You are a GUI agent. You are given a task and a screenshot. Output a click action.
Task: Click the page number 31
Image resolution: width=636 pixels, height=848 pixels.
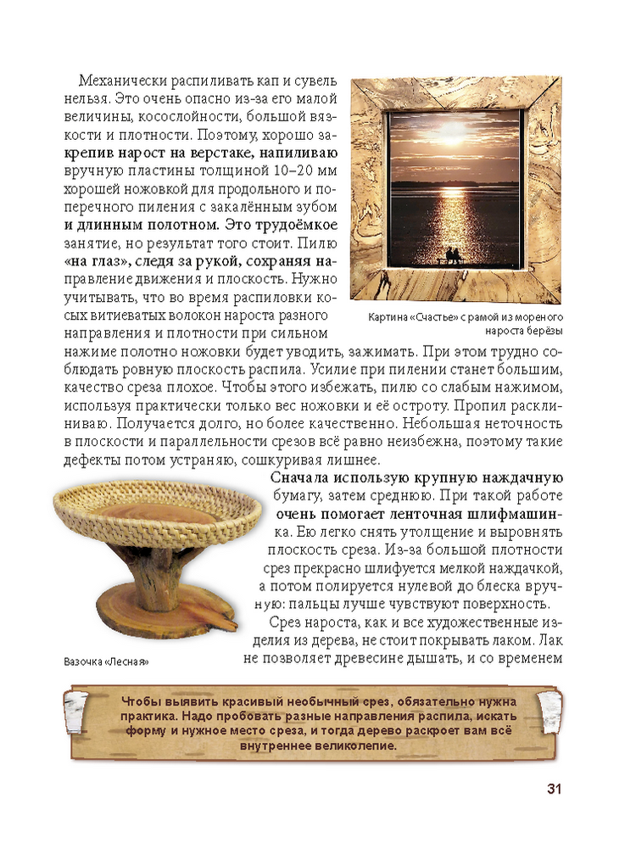pyautogui.click(x=553, y=789)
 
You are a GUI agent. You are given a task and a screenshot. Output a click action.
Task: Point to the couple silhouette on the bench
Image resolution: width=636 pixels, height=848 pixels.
pyautogui.click(x=455, y=255)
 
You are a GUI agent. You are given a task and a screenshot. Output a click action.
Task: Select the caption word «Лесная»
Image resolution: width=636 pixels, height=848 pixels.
pyautogui.click(x=135, y=662)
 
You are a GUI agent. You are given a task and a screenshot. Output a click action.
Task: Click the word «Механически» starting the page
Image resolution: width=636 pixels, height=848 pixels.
pyautogui.click(x=120, y=81)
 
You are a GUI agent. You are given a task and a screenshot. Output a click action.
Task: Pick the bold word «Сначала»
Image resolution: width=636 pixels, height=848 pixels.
pyautogui.click(x=301, y=478)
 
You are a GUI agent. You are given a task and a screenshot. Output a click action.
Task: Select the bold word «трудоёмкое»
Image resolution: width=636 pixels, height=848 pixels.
pyautogui.click(x=290, y=226)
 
